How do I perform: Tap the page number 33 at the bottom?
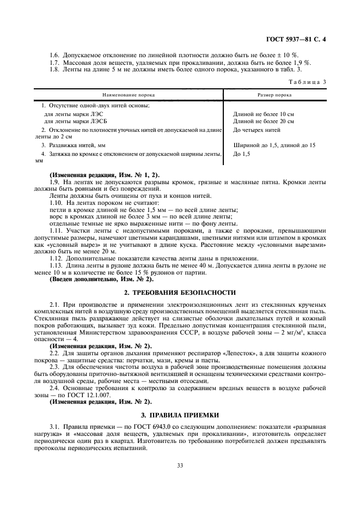180,465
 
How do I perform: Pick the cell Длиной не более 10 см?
263,114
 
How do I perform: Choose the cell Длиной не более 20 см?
263,122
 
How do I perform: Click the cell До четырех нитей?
258,131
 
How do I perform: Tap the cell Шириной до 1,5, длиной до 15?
274,145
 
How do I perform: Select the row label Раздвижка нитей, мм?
73,145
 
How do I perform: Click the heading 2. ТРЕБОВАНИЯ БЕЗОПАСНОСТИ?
180,292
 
